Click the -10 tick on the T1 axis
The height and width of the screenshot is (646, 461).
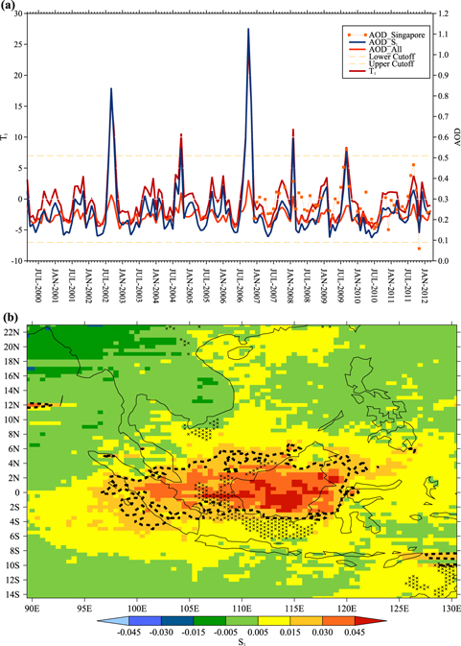[x=17, y=260]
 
